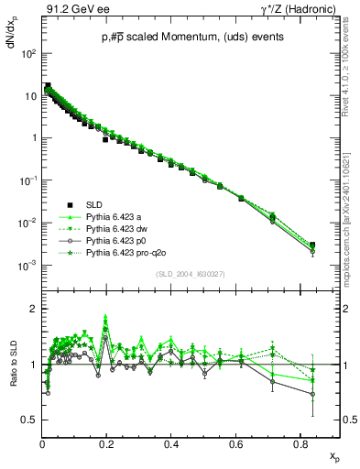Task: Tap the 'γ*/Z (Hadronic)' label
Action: click(x=293, y=8)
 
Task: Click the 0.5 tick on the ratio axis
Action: click(x=30, y=420)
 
